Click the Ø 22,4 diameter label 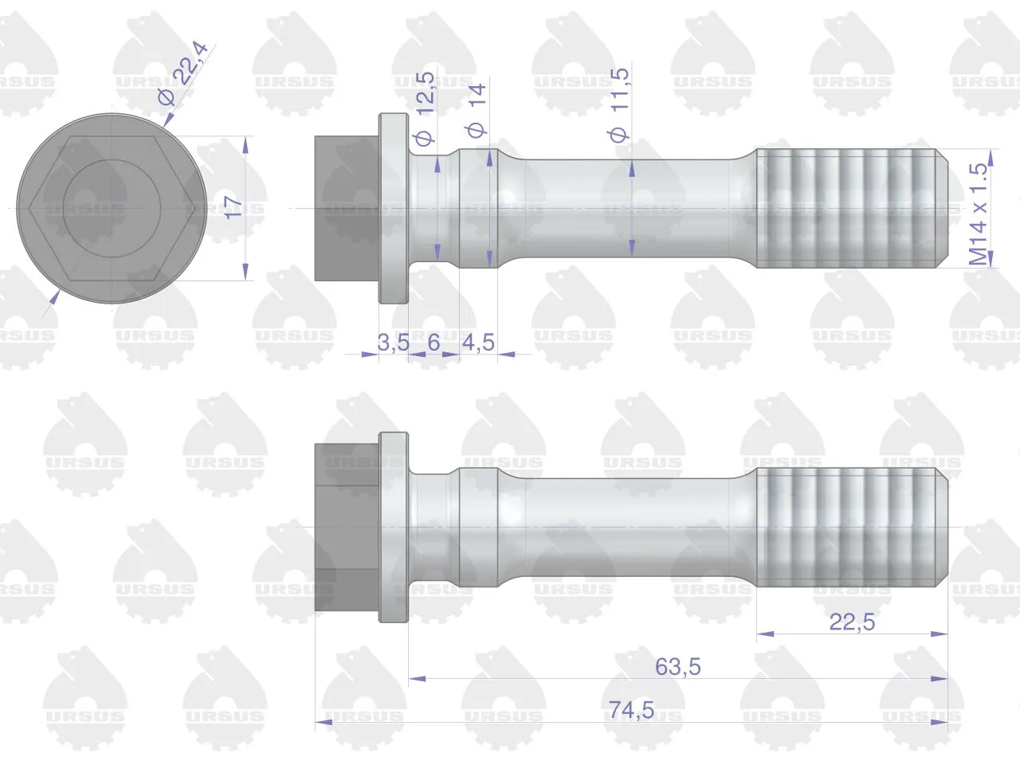pyautogui.click(x=182, y=73)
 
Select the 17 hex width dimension pyautogui.click(x=233, y=208)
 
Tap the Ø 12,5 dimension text pyautogui.click(x=425, y=108)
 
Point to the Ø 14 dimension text pyautogui.click(x=477, y=111)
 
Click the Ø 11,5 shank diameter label pyautogui.click(x=619, y=104)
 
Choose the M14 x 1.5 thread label pyautogui.click(x=979, y=214)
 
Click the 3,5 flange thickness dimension pyautogui.click(x=393, y=343)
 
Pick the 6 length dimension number pyautogui.click(x=433, y=343)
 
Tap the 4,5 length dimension pyautogui.click(x=479, y=343)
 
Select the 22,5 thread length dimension pyautogui.click(x=852, y=622)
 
